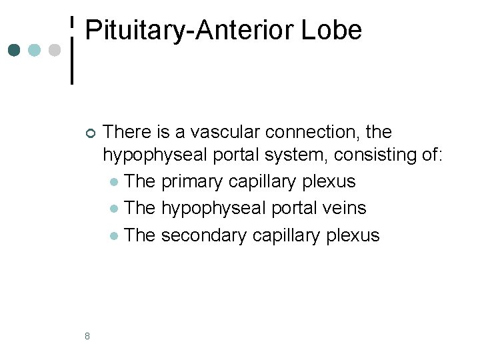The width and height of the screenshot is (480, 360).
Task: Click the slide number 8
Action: click(x=88, y=335)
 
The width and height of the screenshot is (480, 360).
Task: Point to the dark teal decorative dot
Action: click(x=15, y=50)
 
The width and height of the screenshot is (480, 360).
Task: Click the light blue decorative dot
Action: click(x=35, y=50)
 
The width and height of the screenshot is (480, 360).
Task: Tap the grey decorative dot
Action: click(x=55, y=50)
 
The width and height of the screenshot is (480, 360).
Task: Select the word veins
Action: click(x=343, y=208)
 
